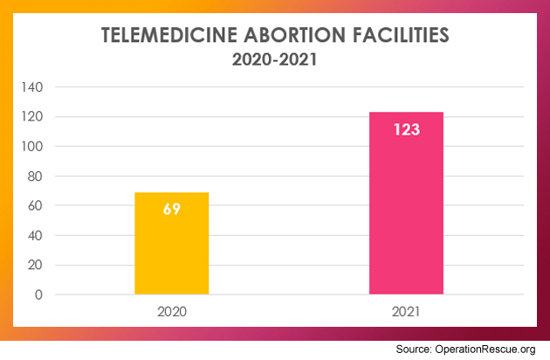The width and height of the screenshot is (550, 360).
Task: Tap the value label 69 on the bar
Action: pos(171,210)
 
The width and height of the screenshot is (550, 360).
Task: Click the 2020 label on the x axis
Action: pos(171,311)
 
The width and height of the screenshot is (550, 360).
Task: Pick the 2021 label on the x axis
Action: pos(406,311)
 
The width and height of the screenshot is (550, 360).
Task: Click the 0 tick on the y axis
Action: pos(39,294)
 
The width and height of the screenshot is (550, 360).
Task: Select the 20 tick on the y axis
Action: pos(36,265)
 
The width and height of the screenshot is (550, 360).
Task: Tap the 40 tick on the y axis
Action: pos(36,235)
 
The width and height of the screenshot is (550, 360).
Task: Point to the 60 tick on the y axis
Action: pos(36,205)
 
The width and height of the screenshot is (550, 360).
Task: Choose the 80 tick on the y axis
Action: pos(36,176)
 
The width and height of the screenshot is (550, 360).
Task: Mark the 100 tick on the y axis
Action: pos(33,146)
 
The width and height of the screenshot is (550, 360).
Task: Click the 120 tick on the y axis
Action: pos(33,116)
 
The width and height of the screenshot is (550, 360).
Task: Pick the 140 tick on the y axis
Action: pos(33,87)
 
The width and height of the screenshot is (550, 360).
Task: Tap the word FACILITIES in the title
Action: pos(399,36)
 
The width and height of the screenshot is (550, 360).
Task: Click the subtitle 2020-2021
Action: pos(275,61)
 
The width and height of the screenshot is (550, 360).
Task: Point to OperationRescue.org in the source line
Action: pos(486,349)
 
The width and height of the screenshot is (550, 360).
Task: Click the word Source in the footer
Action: pos(413,349)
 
